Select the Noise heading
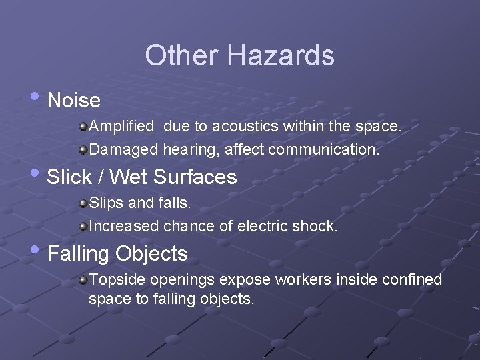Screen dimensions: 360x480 coord(74,101)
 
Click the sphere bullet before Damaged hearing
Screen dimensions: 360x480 coord(83,149)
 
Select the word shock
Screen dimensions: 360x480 coord(316,226)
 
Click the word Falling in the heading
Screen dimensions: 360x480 coord(79,254)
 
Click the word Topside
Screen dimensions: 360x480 coord(117,279)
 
